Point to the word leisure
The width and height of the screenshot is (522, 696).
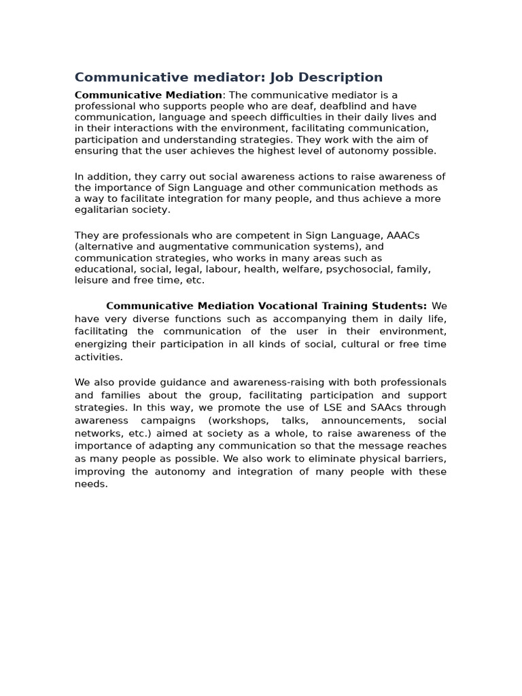[x=90, y=279]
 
